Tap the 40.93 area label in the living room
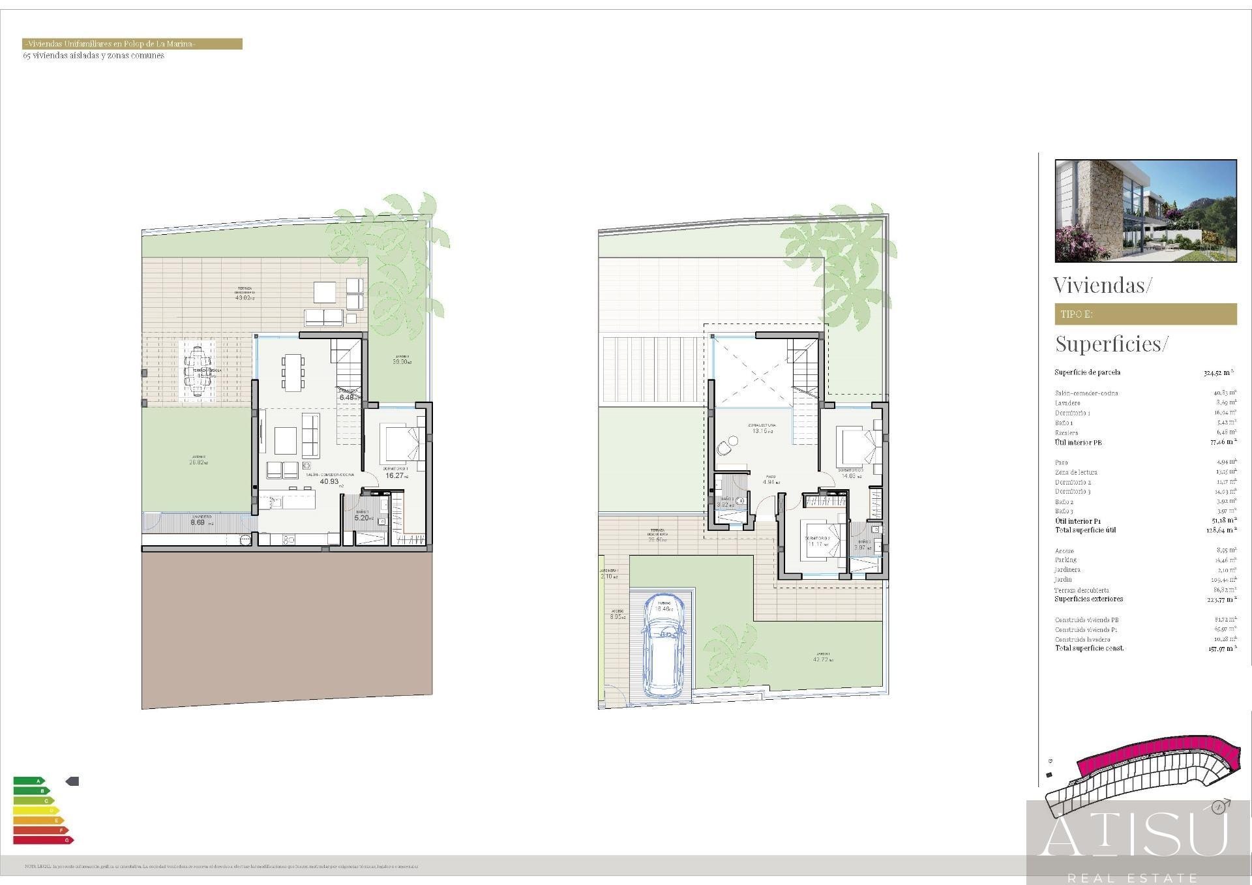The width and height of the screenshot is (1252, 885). [x=329, y=482]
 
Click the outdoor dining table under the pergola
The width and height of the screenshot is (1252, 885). [x=198, y=369]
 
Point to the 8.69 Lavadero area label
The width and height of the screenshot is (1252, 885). [x=198, y=522]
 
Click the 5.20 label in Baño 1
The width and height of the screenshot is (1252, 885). [x=362, y=518]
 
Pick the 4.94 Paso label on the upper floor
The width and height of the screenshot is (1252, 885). [x=771, y=483]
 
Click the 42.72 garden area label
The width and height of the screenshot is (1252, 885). [x=822, y=659]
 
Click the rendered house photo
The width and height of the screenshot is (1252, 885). [x=1145, y=211]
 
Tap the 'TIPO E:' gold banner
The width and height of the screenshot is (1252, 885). [x=1145, y=314]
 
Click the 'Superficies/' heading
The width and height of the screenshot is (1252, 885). [x=1111, y=344]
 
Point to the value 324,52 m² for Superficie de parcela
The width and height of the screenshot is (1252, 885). [x=1217, y=373]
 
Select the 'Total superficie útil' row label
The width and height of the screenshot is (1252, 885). [x=1085, y=530]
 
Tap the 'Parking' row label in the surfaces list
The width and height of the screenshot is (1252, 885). [x=1066, y=560]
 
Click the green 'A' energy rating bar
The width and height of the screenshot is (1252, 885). [x=29, y=781]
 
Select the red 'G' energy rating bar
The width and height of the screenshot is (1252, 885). [x=43, y=840]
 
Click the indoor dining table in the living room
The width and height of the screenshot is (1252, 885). [x=293, y=372]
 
